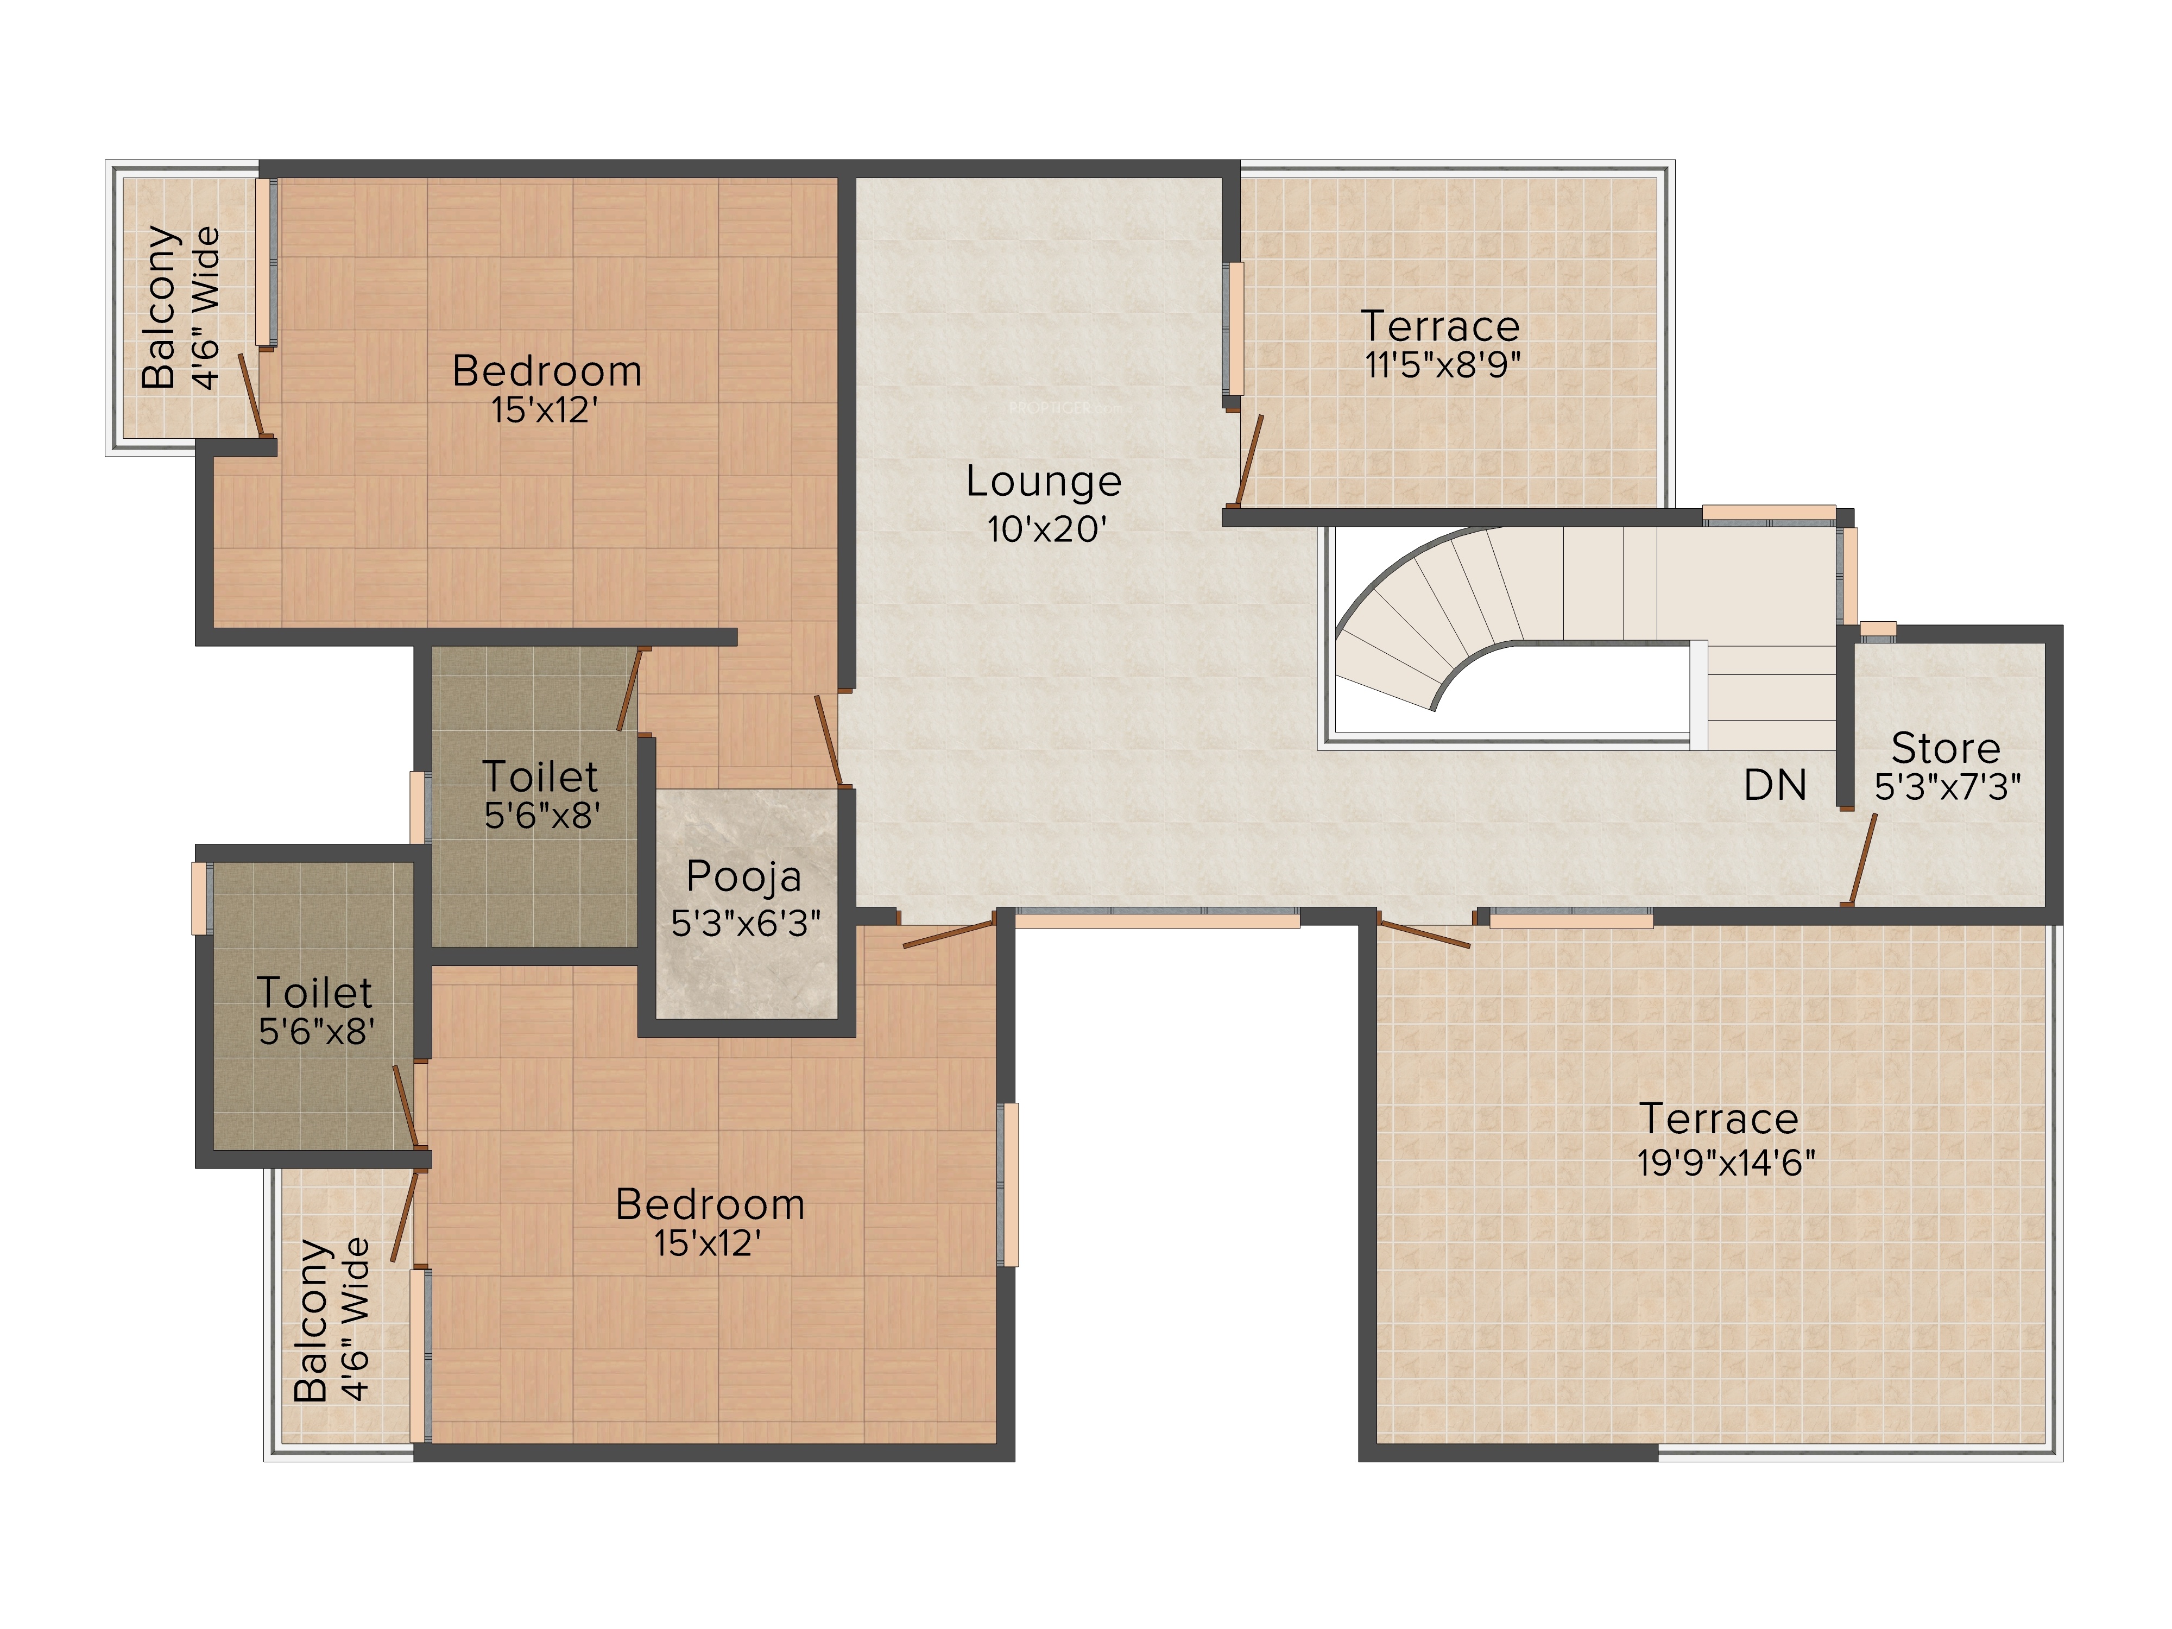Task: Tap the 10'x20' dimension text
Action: point(1047,529)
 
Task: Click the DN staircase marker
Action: point(1775,786)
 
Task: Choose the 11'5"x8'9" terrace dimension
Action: point(1442,364)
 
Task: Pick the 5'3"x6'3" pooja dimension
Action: point(746,923)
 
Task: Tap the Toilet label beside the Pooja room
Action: point(540,776)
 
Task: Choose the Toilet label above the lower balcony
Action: point(314,993)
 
